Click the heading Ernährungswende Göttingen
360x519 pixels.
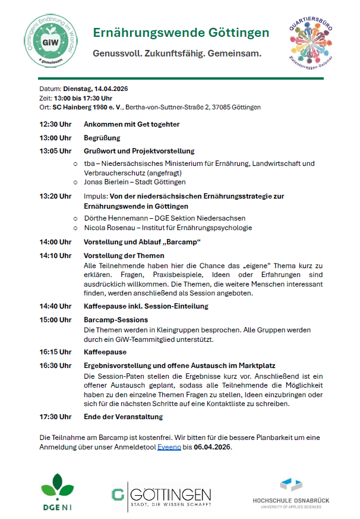tap(181, 33)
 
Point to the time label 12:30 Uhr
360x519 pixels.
tap(55, 124)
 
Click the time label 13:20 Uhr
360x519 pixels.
tap(55, 196)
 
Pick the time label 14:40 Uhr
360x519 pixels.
tap(55, 306)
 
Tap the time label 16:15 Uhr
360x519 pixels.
tap(55, 352)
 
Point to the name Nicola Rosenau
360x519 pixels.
tap(108, 228)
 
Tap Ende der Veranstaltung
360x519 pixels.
tap(123, 417)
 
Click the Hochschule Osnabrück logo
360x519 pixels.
tap(290, 492)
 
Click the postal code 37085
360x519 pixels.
tap(222, 108)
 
